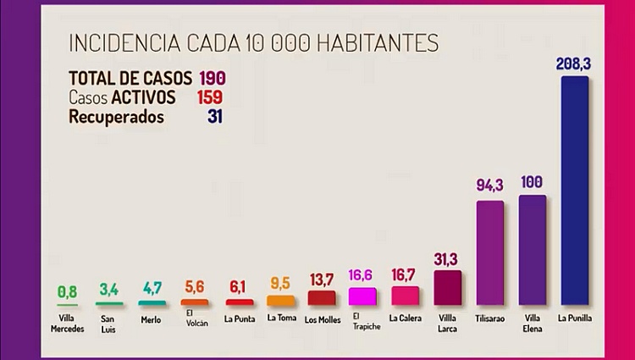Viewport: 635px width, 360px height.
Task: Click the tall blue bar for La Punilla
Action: click(x=574, y=191)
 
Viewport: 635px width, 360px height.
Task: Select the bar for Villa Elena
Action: click(x=533, y=250)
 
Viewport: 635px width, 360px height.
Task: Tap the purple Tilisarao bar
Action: click(x=489, y=252)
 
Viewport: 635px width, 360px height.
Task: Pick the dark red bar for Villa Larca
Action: click(x=447, y=287)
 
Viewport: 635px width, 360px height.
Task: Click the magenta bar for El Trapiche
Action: click(x=363, y=296)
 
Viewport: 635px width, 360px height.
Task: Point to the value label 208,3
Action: click(x=575, y=64)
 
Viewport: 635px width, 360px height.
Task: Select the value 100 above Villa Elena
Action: click(x=533, y=182)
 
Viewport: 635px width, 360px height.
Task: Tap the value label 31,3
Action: click(x=447, y=258)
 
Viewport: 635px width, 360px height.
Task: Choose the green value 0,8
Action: click(x=67, y=291)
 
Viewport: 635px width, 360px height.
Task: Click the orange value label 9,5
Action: click(x=279, y=282)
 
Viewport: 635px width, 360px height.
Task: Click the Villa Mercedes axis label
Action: click(x=67, y=323)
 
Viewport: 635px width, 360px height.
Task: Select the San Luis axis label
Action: click(x=110, y=323)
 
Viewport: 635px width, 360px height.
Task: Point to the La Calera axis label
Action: click(x=405, y=318)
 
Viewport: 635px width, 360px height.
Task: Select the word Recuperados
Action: click(x=116, y=117)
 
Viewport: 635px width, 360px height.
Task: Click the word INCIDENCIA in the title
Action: click(x=116, y=42)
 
